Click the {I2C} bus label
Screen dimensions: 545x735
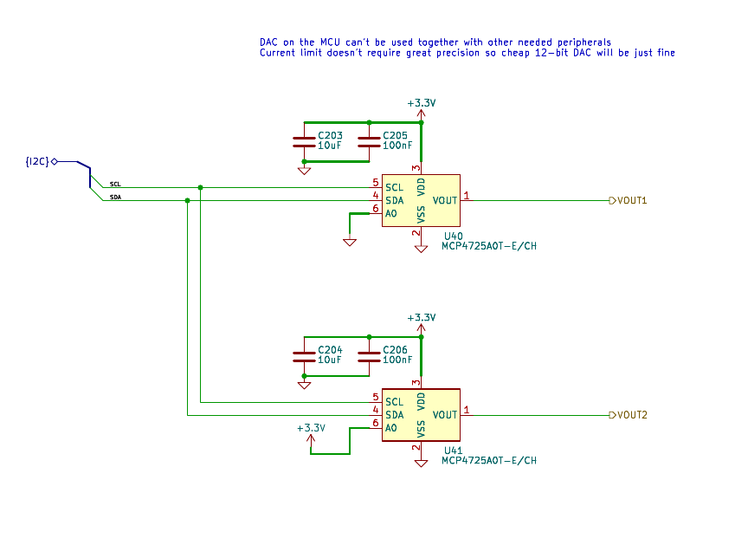[x=37, y=162]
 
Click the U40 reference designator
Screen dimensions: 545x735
[x=453, y=236]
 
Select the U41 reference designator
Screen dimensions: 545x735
[x=453, y=451]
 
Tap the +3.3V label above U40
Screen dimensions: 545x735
[x=422, y=103]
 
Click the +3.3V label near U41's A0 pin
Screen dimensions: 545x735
[x=311, y=428]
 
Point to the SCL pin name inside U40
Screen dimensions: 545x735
[x=395, y=187]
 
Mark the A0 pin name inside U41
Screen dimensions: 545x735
[x=391, y=428]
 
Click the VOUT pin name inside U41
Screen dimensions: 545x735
[x=445, y=415]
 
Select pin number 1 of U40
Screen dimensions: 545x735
[x=467, y=196]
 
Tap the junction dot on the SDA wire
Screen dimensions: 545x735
[x=187, y=200]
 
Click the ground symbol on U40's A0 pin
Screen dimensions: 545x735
[x=350, y=242]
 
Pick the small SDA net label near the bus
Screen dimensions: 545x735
[x=115, y=198]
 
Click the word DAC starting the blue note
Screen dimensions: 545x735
[x=269, y=42]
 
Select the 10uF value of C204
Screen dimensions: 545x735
[x=330, y=360]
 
